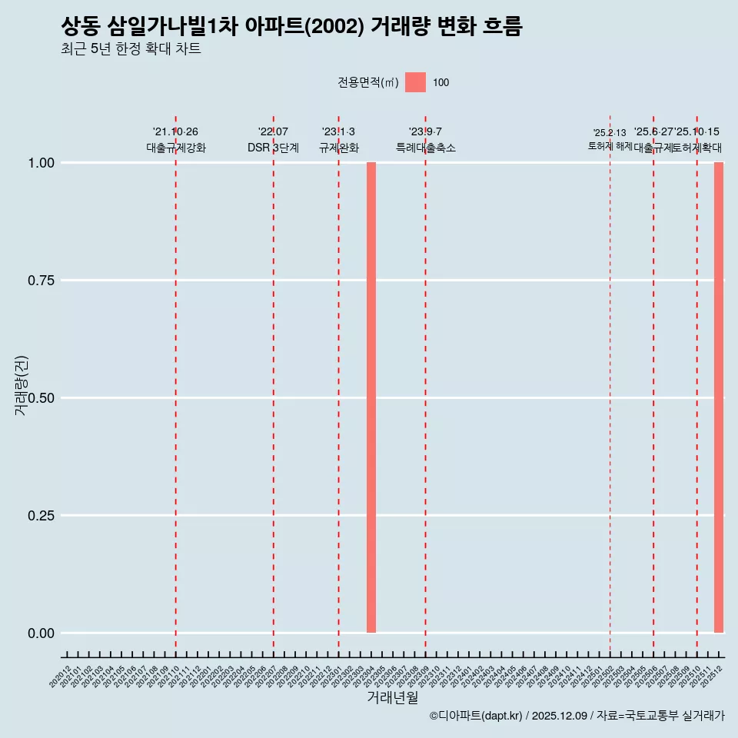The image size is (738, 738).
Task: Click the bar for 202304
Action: coord(371,397)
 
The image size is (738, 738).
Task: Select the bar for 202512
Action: coord(719,397)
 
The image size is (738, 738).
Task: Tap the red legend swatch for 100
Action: coord(415,82)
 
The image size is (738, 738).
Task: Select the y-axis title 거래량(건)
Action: coord(22,386)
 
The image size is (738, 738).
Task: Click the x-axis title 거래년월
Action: coord(392,698)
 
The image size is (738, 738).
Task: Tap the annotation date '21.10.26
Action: coord(175,132)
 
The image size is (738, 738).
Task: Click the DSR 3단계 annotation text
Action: coord(273,148)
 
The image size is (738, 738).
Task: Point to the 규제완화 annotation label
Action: coord(339,148)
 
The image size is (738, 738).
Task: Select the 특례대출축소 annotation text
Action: coord(426,148)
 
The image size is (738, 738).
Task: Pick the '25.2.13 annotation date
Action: coord(610,133)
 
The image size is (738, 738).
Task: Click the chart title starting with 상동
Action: coord(291,27)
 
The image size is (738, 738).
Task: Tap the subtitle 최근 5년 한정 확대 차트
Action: coord(131,49)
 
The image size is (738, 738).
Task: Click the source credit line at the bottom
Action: coord(577,716)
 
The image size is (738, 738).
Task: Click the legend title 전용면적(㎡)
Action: coord(367,82)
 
